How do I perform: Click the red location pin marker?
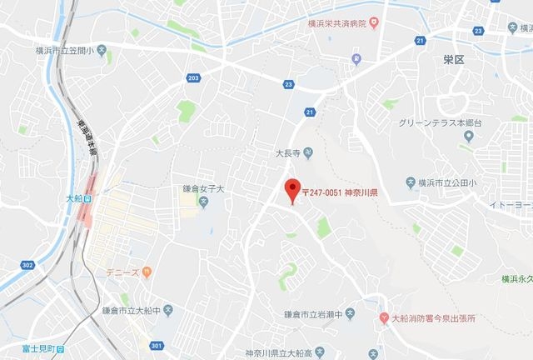point(291,189)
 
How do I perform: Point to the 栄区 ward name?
point(454,61)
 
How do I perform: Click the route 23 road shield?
point(288,83)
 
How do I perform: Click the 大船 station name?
point(72,199)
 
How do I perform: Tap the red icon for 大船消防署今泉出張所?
point(384,318)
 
